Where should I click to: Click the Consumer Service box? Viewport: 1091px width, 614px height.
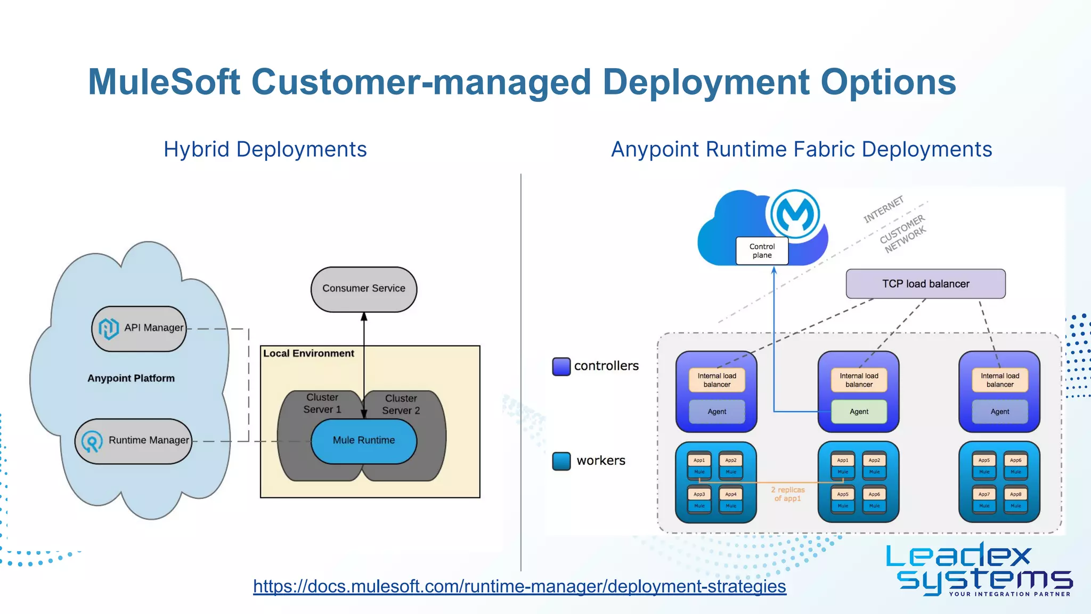[364, 289]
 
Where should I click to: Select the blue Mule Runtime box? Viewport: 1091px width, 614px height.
[364, 441]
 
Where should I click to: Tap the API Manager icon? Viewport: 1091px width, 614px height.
[109, 328]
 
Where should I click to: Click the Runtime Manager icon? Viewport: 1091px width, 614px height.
[92, 441]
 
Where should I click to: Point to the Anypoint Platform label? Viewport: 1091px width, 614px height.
[131, 378]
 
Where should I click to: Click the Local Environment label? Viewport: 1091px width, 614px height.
[308, 353]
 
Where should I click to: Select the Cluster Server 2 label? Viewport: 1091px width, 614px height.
[401, 405]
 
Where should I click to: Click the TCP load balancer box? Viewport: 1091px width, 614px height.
[925, 284]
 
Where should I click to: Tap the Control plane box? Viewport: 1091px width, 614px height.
[762, 251]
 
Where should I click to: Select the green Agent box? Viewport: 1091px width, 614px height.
[859, 411]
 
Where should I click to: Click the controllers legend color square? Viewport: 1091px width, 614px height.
[561, 367]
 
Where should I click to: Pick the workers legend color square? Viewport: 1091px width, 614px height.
[561, 461]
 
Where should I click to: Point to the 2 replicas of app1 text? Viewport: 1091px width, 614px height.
[787, 494]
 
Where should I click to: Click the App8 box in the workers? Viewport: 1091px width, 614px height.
[1015, 494]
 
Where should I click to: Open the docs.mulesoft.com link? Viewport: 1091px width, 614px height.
[519, 586]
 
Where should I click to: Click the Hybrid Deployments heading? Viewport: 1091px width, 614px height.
[265, 149]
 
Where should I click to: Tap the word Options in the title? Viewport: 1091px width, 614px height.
[888, 83]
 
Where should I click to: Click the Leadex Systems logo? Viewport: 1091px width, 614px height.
[979, 569]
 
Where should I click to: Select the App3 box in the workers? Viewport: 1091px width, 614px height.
[699, 494]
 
